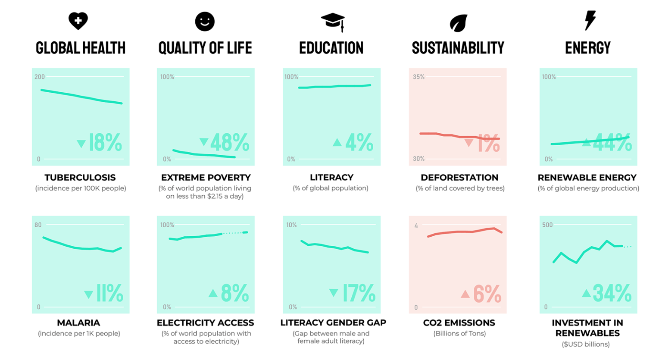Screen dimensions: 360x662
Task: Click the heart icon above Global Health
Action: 78,21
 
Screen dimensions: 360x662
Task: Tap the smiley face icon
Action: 205,21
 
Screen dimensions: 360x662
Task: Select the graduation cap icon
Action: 333,22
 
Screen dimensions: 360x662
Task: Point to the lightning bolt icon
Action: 590,20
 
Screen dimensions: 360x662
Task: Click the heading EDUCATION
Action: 331,48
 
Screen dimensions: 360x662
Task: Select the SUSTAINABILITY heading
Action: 458,48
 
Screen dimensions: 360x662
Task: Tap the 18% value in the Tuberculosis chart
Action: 105,143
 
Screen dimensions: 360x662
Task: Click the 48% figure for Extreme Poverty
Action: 229,142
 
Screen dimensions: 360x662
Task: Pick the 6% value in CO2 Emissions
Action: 487,294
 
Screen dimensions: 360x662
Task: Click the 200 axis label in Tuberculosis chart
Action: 40,77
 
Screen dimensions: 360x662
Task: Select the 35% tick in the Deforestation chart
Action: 418,77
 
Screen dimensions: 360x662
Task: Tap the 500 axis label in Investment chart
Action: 547,225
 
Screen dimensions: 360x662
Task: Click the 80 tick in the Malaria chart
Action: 38,225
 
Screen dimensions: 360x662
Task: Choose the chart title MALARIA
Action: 78,322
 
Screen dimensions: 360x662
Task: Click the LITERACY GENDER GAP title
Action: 333,322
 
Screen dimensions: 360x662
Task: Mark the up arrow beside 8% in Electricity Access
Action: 213,293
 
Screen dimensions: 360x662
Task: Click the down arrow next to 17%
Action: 333,293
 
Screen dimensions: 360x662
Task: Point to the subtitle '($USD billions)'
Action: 586,344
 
